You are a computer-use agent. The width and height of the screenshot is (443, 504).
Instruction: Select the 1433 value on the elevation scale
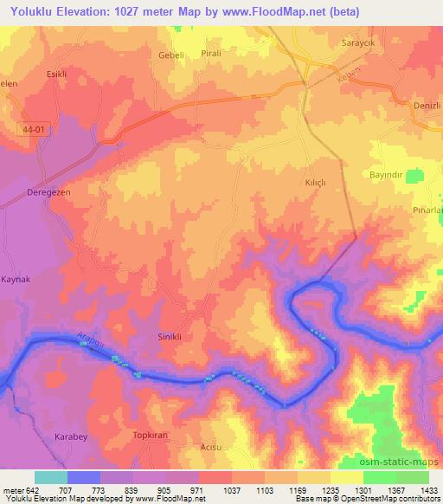[427, 489]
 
